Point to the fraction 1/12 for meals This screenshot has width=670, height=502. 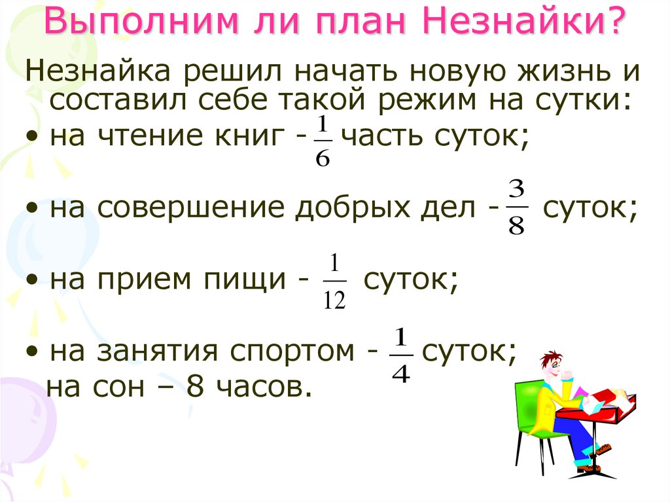point(334,283)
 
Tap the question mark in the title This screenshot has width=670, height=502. point(613,24)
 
